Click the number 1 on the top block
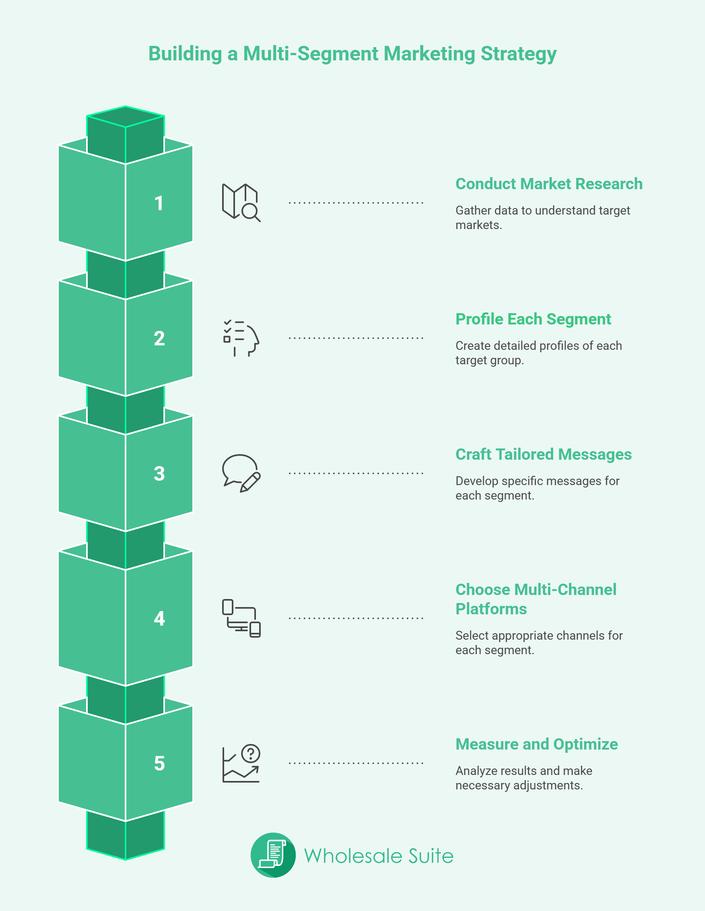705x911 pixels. click(159, 203)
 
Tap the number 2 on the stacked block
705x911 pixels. click(159, 338)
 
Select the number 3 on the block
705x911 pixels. click(159, 473)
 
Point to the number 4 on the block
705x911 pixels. click(159, 618)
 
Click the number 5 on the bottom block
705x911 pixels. click(159, 763)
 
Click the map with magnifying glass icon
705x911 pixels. click(241, 203)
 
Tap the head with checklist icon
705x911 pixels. click(241, 338)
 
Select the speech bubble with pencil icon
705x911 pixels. click(241, 473)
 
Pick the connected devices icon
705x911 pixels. click(241, 618)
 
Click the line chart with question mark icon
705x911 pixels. click(241, 763)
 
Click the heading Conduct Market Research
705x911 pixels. click(548, 184)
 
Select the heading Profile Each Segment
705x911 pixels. click(533, 319)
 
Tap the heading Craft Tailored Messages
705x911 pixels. click(543, 454)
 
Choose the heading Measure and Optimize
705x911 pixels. click(536, 744)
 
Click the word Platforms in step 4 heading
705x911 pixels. click(491, 609)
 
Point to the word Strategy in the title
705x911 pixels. click(518, 54)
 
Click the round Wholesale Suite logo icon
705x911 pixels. click(273, 855)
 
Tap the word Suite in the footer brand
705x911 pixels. click(431, 856)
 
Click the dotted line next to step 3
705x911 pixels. click(356, 473)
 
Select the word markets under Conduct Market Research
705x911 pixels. click(478, 225)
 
